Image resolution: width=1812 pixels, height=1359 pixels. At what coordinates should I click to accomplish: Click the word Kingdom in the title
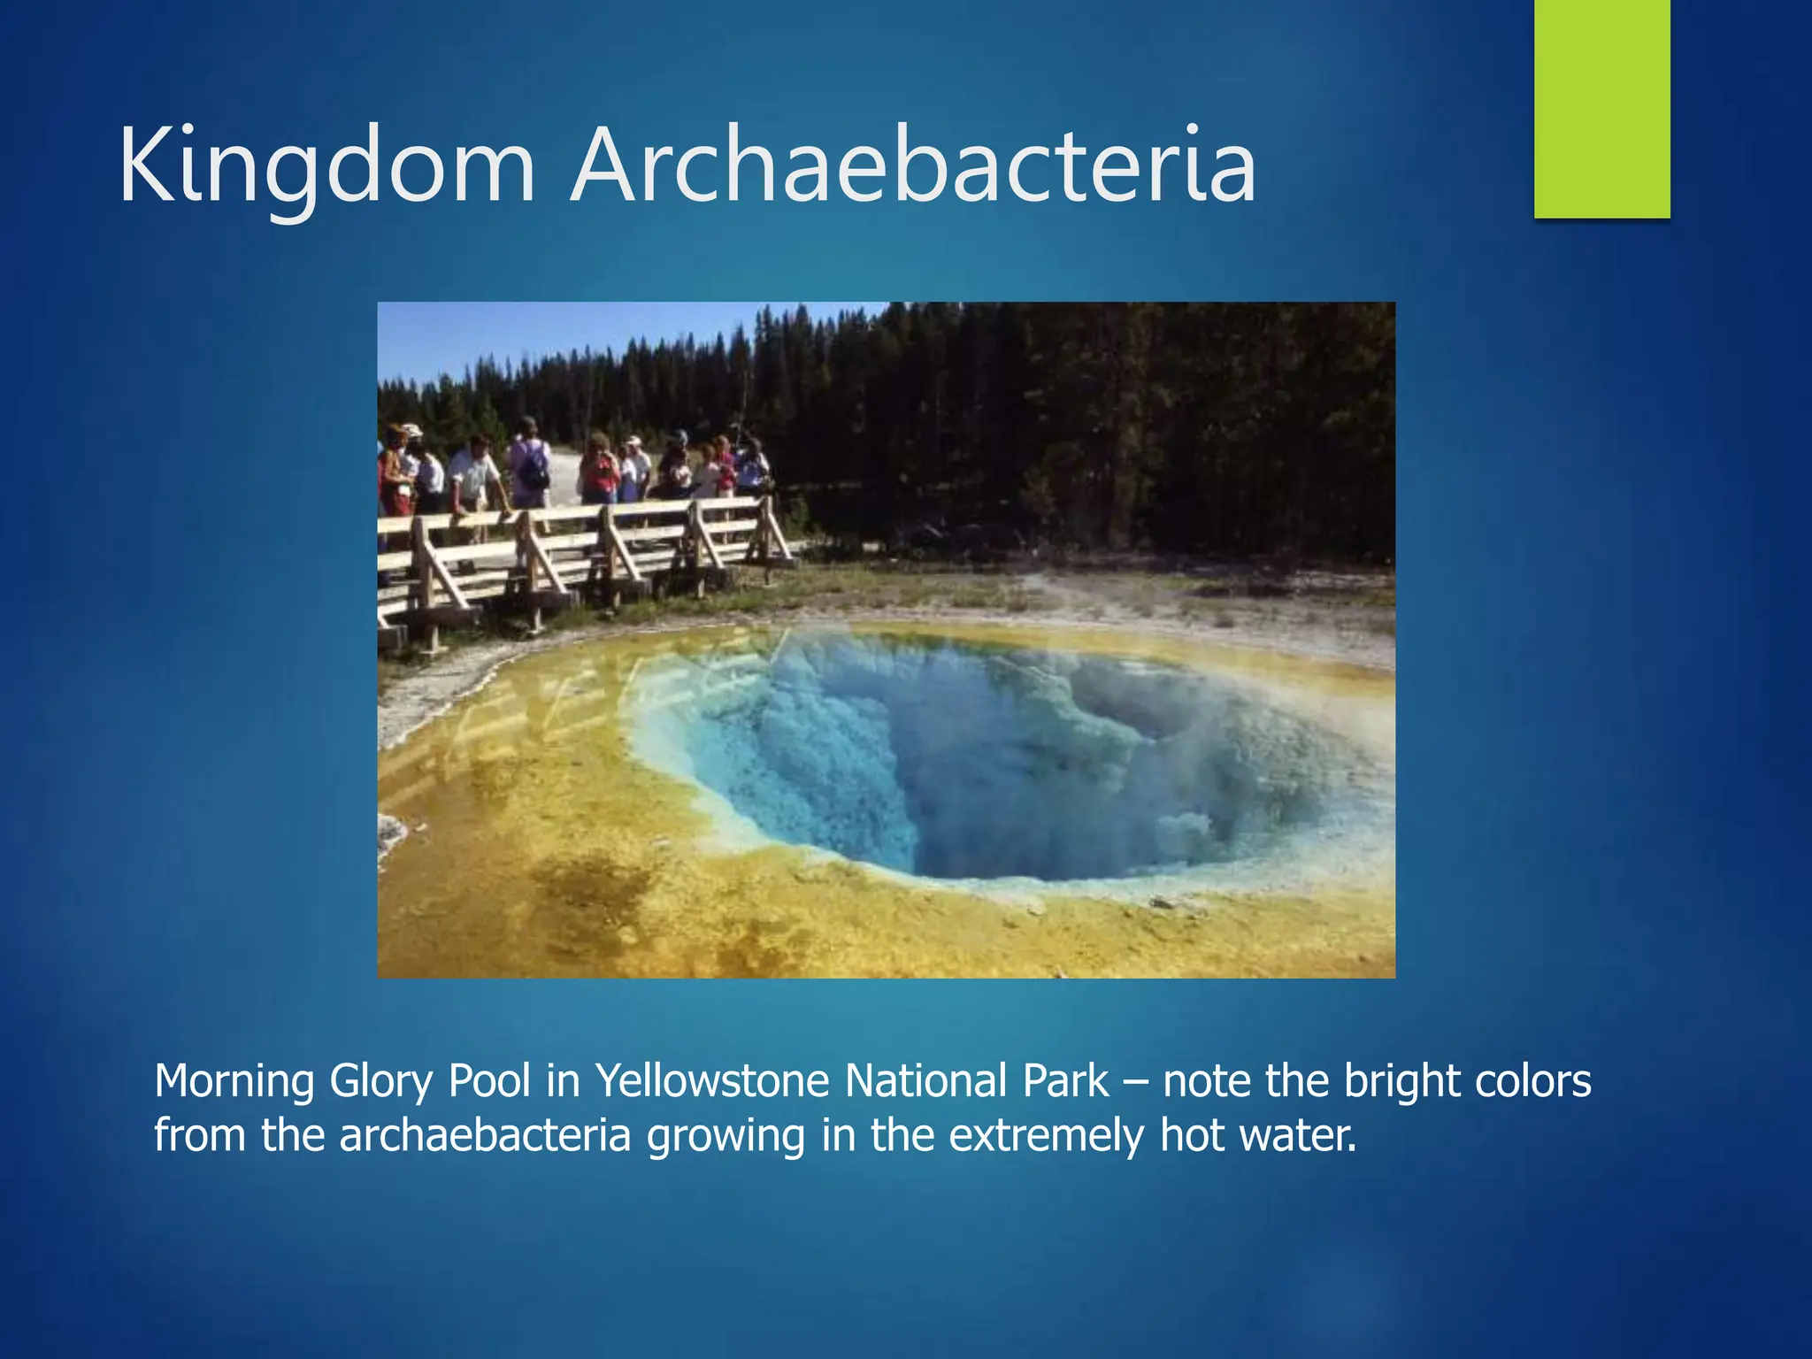tap(326, 166)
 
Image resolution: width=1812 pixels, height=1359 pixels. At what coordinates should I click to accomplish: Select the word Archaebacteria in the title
tap(913, 166)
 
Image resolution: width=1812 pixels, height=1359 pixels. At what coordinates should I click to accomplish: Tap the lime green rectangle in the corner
tap(1601, 108)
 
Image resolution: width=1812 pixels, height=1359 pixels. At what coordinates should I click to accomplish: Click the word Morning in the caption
tap(234, 1081)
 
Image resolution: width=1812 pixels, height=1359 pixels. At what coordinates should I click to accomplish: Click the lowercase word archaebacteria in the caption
tap(485, 1135)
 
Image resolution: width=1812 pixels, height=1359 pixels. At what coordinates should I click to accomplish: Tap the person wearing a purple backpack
tap(531, 465)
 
